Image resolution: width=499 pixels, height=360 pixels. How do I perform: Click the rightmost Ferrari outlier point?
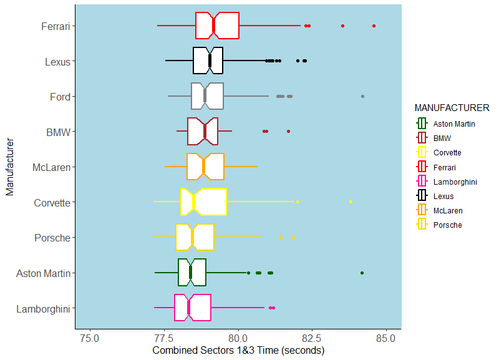(x=374, y=26)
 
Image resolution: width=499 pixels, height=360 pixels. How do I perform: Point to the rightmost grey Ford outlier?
(x=362, y=97)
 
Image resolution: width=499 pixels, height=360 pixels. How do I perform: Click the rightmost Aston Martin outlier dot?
(x=362, y=273)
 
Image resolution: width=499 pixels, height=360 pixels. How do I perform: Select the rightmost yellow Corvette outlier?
(x=351, y=202)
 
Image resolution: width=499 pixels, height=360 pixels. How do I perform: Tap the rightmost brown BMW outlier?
(x=288, y=132)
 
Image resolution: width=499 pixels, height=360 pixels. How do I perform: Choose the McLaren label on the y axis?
(x=51, y=167)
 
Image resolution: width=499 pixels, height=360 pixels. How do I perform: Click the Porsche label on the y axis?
(x=53, y=238)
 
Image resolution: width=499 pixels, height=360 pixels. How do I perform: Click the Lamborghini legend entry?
(x=455, y=182)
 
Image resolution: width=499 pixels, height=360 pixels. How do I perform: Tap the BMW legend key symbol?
(x=422, y=138)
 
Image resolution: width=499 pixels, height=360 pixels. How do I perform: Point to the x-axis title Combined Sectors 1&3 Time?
(x=238, y=351)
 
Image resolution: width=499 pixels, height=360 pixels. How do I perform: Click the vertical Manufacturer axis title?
(x=9, y=167)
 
